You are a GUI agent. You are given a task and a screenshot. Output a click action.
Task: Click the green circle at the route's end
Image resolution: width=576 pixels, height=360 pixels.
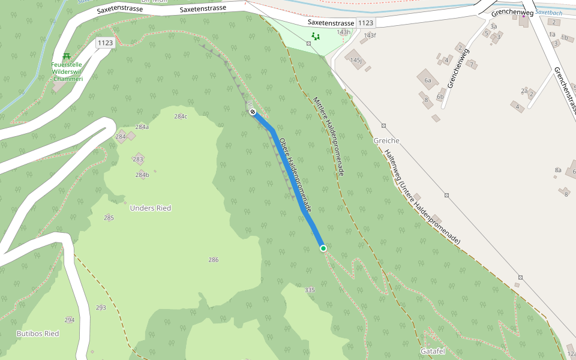coord(323,248)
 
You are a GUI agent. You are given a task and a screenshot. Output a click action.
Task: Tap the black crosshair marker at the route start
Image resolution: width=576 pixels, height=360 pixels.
coord(253,112)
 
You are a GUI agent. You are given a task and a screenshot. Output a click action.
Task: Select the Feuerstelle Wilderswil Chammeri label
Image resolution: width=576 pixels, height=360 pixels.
coord(68,71)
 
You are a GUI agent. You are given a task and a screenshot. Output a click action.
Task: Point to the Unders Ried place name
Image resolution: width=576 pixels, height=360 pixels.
coord(151,208)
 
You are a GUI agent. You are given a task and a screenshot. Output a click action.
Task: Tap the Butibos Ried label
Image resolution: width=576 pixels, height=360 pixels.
coord(38,333)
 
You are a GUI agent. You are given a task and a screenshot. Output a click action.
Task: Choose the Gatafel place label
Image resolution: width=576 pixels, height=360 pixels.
coord(432,350)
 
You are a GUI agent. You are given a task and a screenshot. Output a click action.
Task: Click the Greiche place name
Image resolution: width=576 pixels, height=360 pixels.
coord(386,140)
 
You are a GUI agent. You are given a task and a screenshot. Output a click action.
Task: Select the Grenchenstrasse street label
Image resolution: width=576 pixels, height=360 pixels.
coord(565,90)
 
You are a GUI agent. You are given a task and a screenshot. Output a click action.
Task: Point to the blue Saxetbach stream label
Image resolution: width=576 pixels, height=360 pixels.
coord(549,12)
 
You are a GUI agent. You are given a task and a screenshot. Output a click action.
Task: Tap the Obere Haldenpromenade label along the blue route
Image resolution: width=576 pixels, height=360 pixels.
coord(295,176)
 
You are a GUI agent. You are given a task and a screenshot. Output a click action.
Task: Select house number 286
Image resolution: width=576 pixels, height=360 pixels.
coord(213,260)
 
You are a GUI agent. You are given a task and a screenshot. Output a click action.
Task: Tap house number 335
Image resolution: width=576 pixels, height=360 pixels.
coord(310,290)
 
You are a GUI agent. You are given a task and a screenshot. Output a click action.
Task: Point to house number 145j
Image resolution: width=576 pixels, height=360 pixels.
coord(355,61)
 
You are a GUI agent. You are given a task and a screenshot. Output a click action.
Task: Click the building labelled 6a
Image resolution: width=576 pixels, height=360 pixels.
coord(428,80)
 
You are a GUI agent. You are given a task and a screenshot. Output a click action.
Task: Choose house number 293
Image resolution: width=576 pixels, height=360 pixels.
coord(101,308)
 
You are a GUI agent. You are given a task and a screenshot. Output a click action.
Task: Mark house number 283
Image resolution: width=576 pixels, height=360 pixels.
coord(138,159)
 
